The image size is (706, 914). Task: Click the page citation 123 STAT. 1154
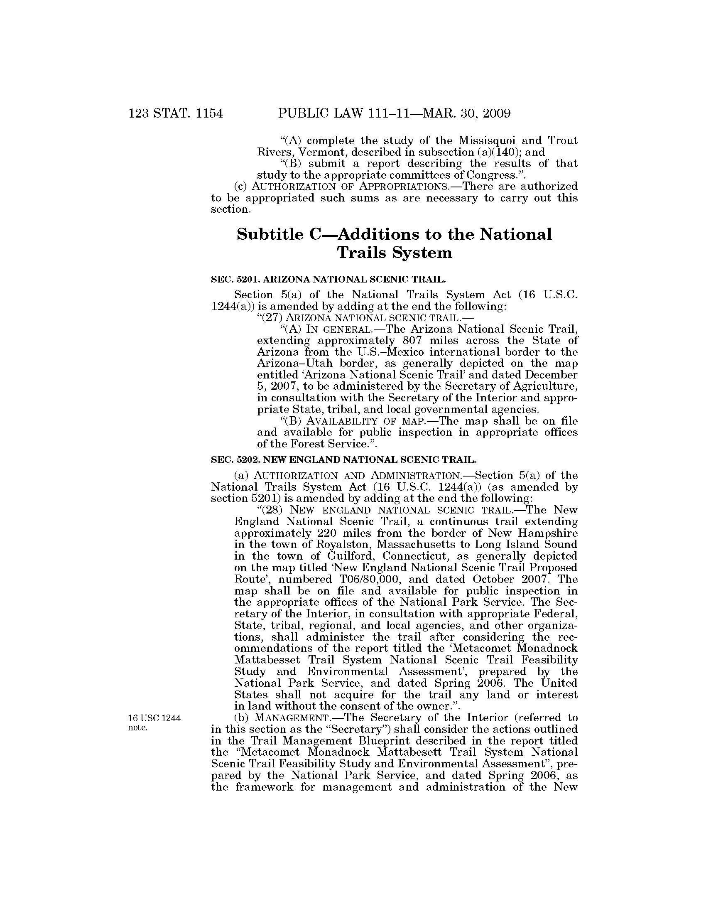pos(176,113)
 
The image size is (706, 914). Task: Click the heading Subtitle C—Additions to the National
pos(394,234)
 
